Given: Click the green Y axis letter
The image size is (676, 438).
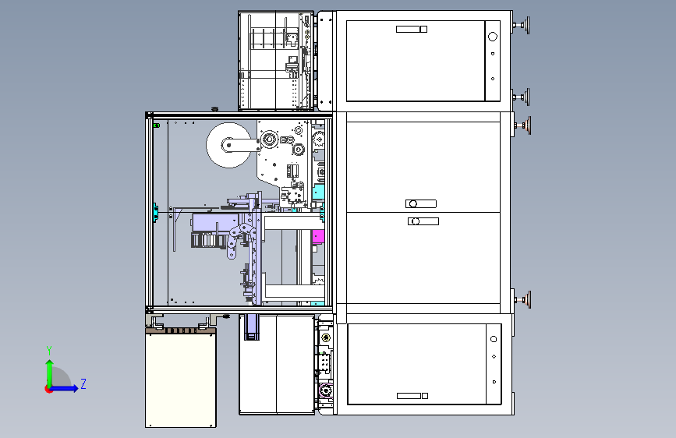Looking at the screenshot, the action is pyautogui.click(x=49, y=350).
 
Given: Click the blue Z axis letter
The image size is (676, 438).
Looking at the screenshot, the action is pyautogui.click(x=83, y=383).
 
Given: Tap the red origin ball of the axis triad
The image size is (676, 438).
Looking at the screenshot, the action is pyautogui.click(x=48, y=389).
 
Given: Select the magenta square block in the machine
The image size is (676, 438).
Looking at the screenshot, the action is pyautogui.click(x=318, y=236).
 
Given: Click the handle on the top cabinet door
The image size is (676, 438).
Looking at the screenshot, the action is pyautogui.click(x=411, y=29).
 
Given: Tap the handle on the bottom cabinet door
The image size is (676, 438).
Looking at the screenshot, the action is pyautogui.click(x=412, y=396).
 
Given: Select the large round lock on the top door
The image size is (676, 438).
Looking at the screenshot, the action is pyautogui.click(x=492, y=37).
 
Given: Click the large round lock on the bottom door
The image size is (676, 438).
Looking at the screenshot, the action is pyautogui.click(x=494, y=339).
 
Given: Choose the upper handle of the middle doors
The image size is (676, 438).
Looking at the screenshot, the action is pyautogui.click(x=421, y=203).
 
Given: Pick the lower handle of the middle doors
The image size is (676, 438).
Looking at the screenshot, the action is pyautogui.click(x=423, y=221).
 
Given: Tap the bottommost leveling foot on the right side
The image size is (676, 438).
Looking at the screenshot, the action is pyautogui.click(x=522, y=299).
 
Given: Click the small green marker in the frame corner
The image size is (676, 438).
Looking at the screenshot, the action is pyautogui.click(x=157, y=125).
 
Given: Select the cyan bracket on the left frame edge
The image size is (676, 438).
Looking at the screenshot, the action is pyautogui.click(x=155, y=213).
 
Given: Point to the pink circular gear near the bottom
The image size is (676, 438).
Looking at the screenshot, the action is pyautogui.click(x=325, y=391).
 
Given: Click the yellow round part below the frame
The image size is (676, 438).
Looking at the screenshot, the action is pyautogui.click(x=326, y=337).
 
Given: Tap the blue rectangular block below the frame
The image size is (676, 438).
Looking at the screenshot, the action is pyautogui.click(x=251, y=327).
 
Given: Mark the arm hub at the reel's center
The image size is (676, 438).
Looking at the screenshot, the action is pyautogui.click(x=228, y=145).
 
